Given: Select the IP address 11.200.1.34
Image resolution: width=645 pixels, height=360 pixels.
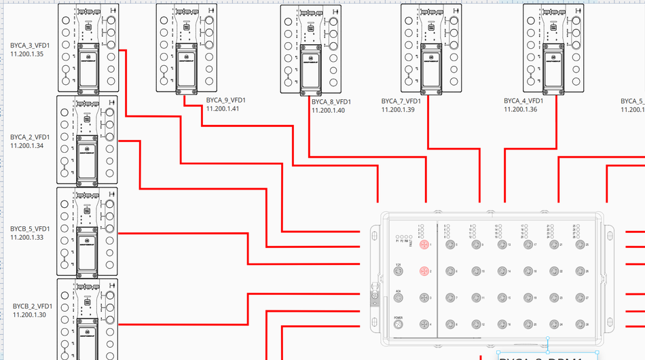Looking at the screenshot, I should click(27, 145).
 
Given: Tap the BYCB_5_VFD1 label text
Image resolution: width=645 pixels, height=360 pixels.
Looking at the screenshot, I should click(31, 229).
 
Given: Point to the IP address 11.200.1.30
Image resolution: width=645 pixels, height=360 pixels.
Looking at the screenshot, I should click(30, 314).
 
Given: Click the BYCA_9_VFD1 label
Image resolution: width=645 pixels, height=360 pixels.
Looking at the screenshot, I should click(226, 101).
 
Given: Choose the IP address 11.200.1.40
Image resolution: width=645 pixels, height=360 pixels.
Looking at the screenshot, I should click(329, 110).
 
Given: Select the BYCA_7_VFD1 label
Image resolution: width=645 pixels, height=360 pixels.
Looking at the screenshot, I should click(401, 101).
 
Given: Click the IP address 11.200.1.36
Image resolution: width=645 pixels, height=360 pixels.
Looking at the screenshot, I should click(521, 109).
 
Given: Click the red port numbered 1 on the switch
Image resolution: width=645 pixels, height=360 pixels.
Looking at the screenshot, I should click(424, 245).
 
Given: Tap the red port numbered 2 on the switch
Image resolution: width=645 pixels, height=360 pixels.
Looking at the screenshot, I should click(424, 271).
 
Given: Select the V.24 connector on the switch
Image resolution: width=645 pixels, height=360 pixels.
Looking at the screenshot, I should click(399, 271).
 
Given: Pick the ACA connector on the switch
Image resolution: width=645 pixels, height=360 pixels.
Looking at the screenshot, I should click(399, 298).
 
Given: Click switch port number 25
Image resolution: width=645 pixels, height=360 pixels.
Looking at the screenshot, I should click(580, 245).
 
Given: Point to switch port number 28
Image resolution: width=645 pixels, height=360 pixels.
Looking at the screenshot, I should click(580, 325).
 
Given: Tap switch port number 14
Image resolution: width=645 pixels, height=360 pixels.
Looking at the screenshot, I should click(502, 271).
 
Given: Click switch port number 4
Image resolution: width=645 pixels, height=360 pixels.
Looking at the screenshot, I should click(424, 325).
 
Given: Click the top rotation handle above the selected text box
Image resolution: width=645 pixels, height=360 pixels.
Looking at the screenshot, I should click(547, 338).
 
